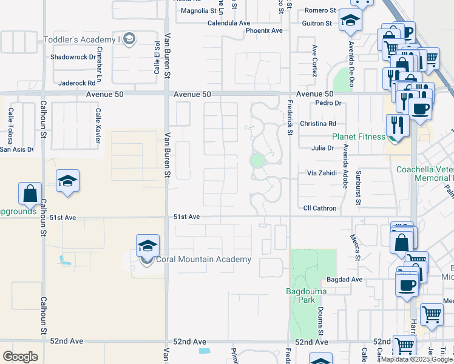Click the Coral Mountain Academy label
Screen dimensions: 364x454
pos(203,260)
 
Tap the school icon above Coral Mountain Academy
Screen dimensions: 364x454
pos(147,246)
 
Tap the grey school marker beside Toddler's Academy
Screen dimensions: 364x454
pos(128,39)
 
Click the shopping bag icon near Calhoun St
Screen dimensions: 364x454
pos(30,194)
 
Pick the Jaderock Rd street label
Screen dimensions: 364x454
pos(77,83)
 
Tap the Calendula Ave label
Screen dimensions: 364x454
pos(229,23)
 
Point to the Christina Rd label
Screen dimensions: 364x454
pos(318,124)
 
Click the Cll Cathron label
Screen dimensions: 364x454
pos(320,208)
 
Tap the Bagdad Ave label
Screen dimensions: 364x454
pos(344,280)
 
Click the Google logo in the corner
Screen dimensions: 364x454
pos(20,357)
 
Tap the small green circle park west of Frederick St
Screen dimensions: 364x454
pos(257,160)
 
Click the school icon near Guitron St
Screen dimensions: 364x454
pos(350,21)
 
